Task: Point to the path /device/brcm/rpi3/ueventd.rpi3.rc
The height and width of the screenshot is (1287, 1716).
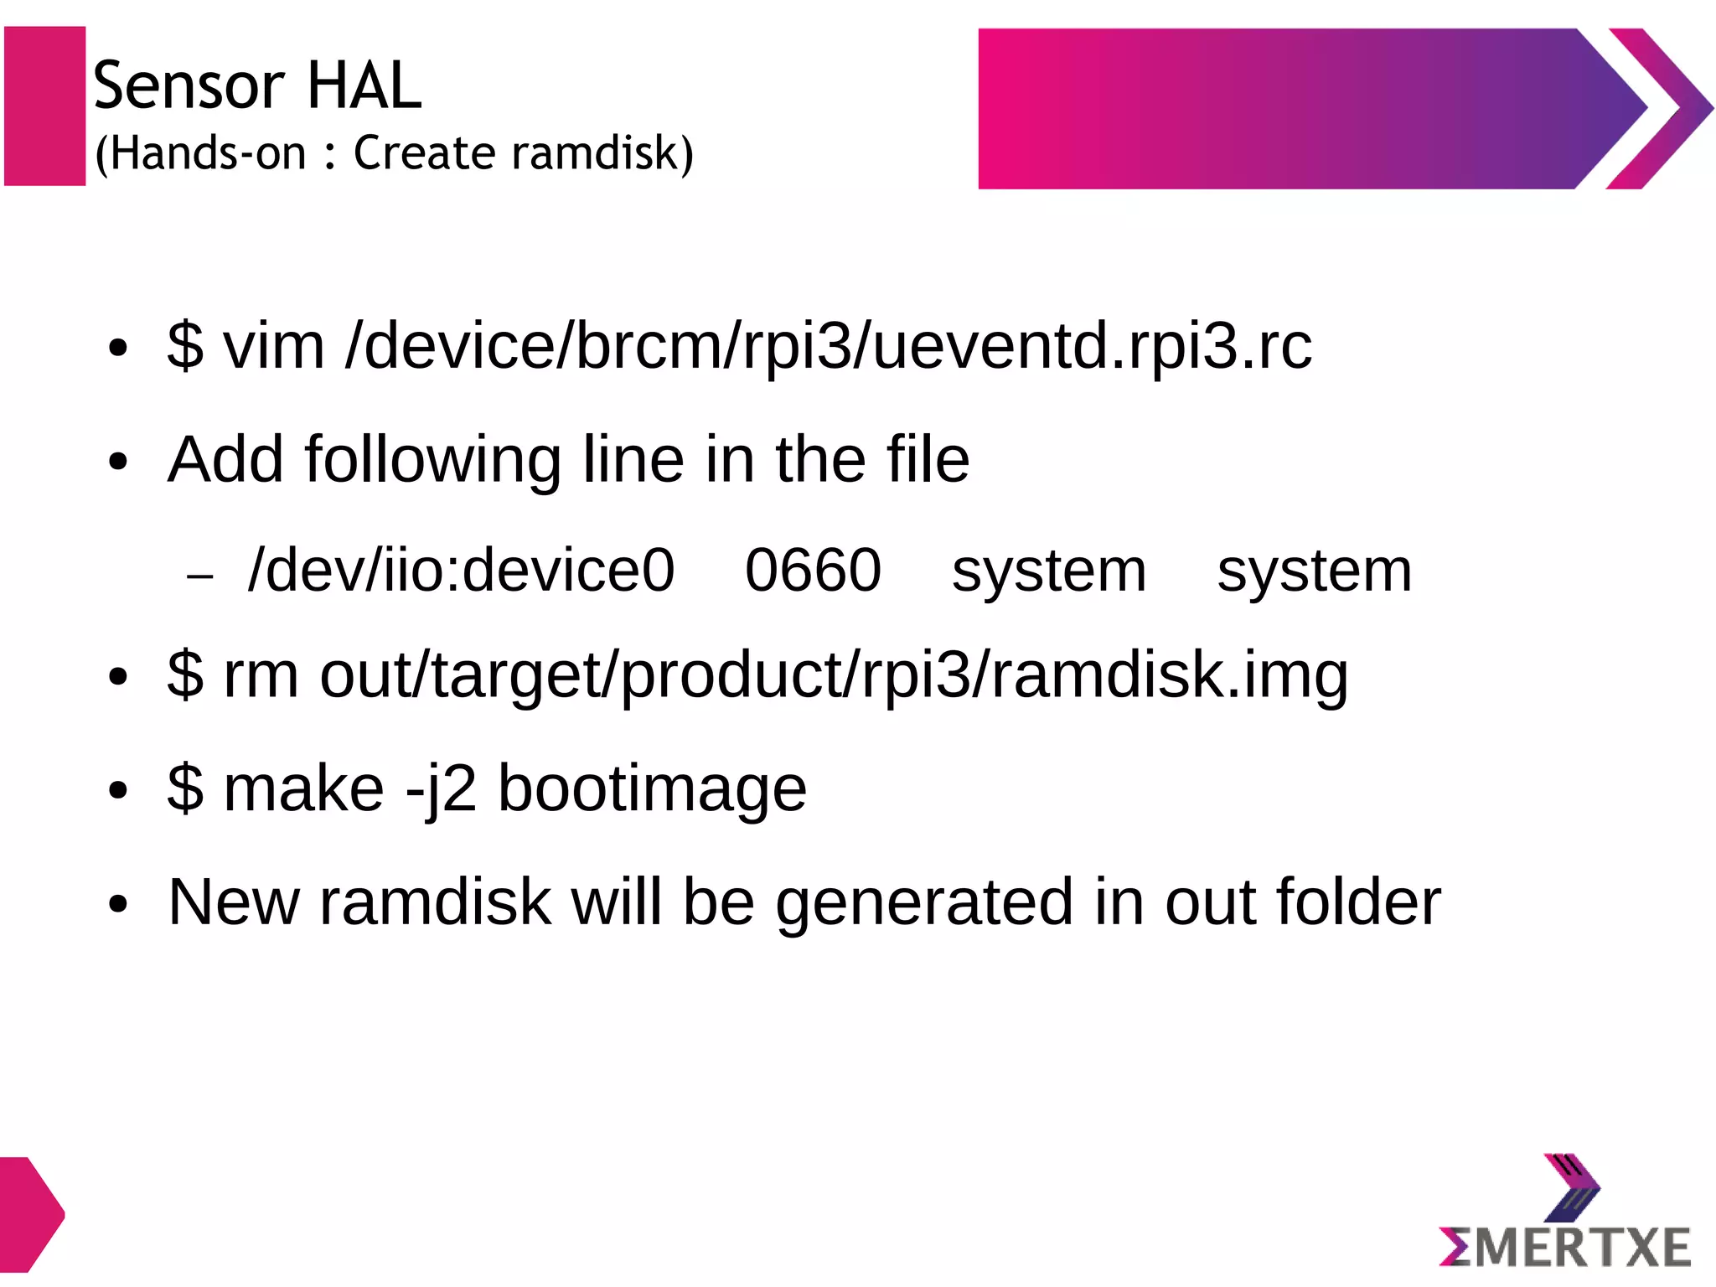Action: [x=828, y=347]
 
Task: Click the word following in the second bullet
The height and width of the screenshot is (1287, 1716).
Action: [x=432, y=461]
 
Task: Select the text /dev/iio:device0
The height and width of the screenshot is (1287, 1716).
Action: [x=461, y=571]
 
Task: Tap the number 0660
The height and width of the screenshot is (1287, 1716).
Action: [x=813, y=571]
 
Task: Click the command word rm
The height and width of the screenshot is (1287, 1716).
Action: [x=261, y=675]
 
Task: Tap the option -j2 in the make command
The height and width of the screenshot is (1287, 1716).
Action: [x=441, y=790]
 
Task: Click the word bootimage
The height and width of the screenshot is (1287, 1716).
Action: [x=652, y=790]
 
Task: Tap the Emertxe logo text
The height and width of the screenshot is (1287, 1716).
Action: [x=1565, y=1248]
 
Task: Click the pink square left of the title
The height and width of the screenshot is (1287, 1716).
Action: [x=45, y=106]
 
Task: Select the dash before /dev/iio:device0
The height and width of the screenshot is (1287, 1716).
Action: [x=200, y=576]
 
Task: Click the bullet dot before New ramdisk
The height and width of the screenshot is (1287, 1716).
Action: [x=118, y=905]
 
